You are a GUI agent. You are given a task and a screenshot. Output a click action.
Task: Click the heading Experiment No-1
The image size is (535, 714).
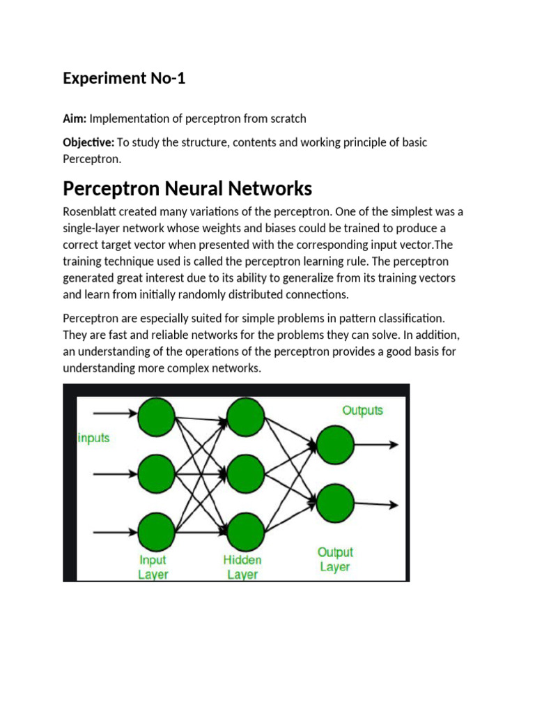tap(124, 78)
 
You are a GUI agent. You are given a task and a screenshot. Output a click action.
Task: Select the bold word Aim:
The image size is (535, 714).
tap(75, 119)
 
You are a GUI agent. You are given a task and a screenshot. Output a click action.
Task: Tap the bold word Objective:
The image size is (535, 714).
tap(88, 142)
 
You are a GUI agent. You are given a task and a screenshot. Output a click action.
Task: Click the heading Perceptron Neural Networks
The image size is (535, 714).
tap(187, 188)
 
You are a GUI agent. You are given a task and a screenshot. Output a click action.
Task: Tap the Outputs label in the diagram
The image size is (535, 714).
tap(362, 410)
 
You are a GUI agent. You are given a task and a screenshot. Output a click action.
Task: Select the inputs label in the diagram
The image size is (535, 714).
tap(93, 439)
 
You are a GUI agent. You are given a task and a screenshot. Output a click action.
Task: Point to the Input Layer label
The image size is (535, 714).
tap(153, 568)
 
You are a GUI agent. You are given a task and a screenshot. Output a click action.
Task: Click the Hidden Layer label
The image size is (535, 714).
tap(242, 568)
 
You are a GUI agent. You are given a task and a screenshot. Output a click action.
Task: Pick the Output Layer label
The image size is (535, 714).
tap(335, 560)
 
